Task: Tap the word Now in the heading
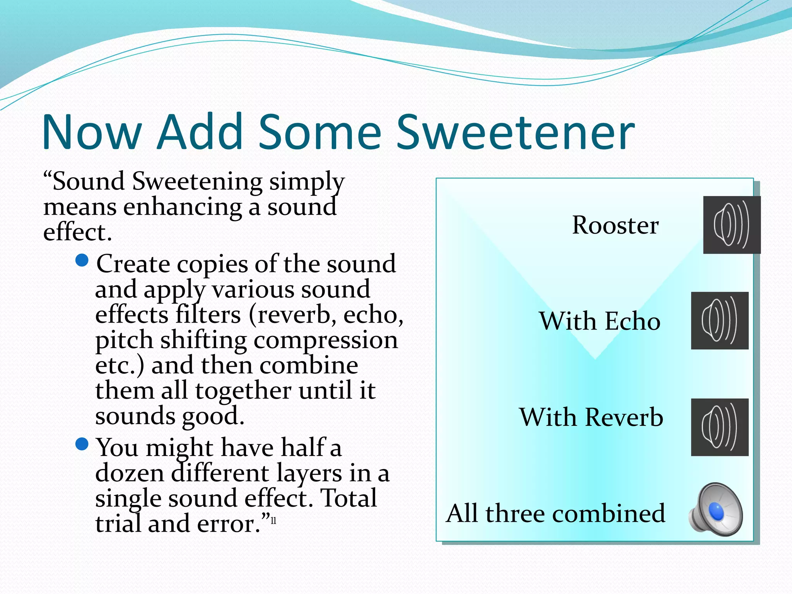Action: point(92,132)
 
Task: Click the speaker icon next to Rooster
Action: point(731,225)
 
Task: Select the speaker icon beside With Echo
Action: point(719,321)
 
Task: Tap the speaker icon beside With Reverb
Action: point(719,427)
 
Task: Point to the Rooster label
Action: point(615,225)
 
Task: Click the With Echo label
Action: point(599,321)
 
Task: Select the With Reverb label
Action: point(591,417)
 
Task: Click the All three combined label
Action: point(555,514)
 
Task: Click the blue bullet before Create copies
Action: point(82,260)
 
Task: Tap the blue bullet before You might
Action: point(82,444)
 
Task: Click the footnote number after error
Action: point(273,521)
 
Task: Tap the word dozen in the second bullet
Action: point(130,473)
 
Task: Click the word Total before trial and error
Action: point(349,498)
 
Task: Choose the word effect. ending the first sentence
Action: point(77,232)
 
